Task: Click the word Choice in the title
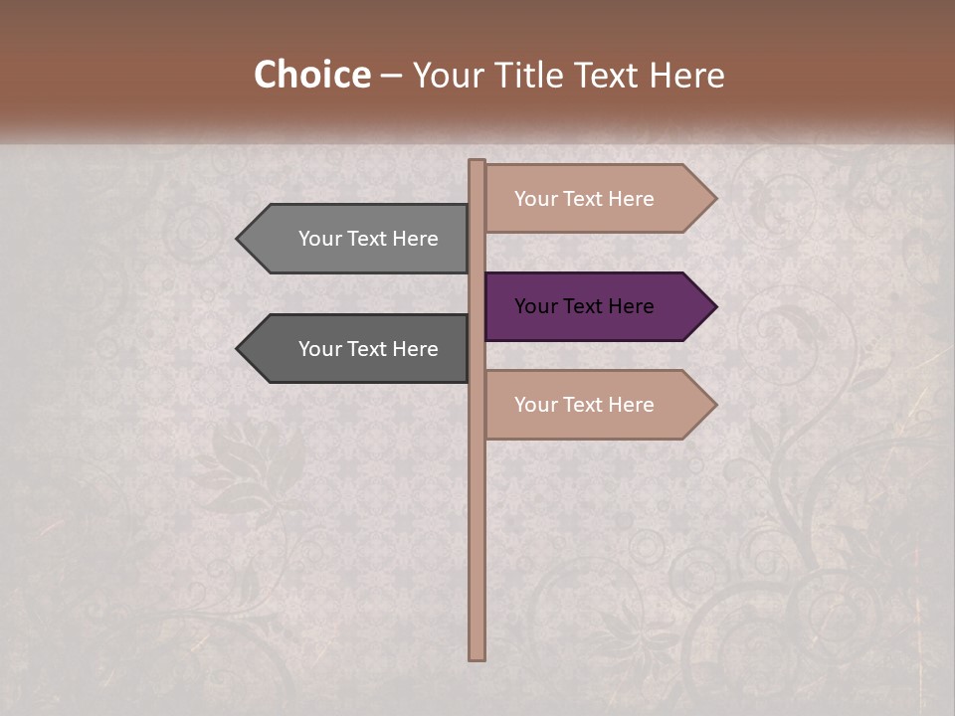[x=311, y=76]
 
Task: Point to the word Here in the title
[x=685, y=76]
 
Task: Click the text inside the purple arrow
[x=584, y=306]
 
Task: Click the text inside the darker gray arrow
[x=368, y=349]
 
